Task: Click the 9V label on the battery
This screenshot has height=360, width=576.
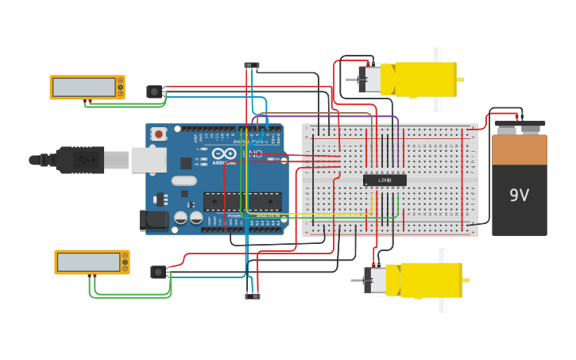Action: coord(519,195)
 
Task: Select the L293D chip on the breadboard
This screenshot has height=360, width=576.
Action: coord(385,180)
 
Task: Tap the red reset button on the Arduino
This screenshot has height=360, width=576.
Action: coord(159,134)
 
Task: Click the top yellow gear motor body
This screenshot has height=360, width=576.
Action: coord(425,79)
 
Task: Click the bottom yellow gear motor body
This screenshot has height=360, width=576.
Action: coord(431,281)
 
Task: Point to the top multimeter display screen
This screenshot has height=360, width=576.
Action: coord(83,87)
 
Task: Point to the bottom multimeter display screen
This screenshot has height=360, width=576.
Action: coord(87,261)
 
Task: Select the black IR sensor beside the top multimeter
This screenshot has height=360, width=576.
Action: coord(154,91)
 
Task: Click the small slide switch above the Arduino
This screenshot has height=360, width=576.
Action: coord(251,65)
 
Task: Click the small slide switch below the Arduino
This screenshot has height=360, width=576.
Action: coord(252,296)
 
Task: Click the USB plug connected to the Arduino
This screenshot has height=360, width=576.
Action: coord(79,160)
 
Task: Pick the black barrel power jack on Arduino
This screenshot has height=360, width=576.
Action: coord(151,220)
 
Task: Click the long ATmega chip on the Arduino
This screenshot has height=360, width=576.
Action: coord(242,201)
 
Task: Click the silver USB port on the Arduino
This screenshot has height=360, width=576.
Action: coord(149,160)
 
